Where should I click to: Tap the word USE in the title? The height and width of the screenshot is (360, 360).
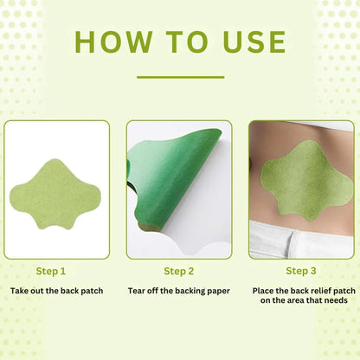[x=247, y=42]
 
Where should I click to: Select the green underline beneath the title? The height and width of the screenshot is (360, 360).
[x=180, y=77]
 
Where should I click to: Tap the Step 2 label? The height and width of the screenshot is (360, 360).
[x=179, y=270]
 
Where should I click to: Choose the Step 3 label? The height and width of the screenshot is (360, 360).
[x=301, y=270]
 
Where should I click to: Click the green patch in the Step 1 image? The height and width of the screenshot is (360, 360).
[x=56, y=185]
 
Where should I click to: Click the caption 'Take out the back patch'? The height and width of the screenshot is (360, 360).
[x=57, y=291]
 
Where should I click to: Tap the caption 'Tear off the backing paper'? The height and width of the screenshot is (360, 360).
[x=179, y=291]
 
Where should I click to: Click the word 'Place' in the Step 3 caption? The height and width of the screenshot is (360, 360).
[x=266, y=291]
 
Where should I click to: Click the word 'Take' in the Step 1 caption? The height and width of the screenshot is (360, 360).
[x=21, y=291]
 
